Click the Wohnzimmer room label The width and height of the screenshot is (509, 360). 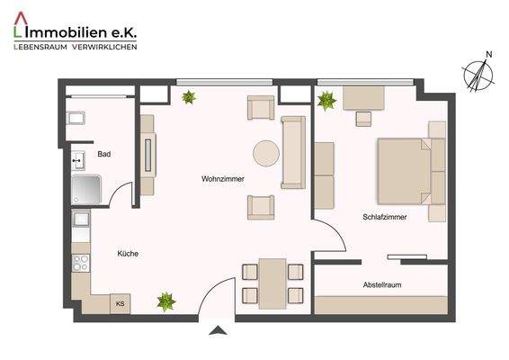[x=223, y=179]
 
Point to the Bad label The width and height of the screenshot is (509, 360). [x=104, y=155]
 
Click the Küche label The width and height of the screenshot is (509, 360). [x=128, y=254]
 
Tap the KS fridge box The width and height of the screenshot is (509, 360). [x=120, y=304]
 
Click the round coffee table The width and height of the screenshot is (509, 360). [x=266, y=154]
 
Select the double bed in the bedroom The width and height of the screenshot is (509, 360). [x=410, y=170]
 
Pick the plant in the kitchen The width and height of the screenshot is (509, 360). [x=165, y=301]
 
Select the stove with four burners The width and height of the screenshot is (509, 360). [x=81, y=264]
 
